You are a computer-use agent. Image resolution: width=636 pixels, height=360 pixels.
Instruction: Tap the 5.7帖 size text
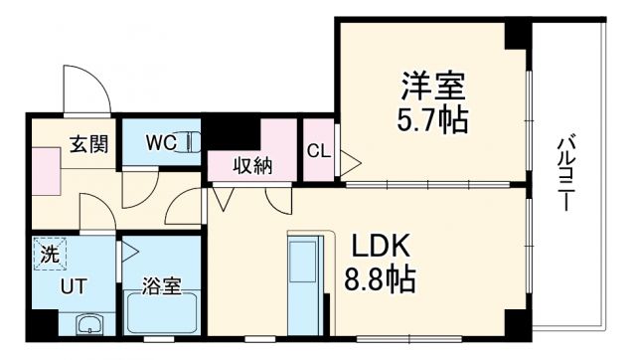(x=433, y=120)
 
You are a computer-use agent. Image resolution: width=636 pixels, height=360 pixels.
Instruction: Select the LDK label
(x=376, y=246)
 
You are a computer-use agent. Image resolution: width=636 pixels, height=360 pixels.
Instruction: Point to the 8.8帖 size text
(x=378, y=278)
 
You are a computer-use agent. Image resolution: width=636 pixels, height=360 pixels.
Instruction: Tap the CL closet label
(x=319, y=151)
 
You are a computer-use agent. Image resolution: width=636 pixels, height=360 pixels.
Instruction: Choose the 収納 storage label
(x=252, y=166)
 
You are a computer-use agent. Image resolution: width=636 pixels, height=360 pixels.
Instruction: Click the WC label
(x=161, y=142)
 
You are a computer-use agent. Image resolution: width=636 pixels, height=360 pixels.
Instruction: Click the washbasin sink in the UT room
(x=90, y=323)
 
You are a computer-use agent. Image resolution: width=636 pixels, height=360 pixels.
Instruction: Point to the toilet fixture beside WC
(x=194, y=142)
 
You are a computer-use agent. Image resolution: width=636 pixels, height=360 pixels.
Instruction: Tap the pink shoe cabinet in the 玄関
(x=47, y=170)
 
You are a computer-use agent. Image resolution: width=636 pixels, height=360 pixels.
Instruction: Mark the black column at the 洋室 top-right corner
(x=518, y=35)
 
